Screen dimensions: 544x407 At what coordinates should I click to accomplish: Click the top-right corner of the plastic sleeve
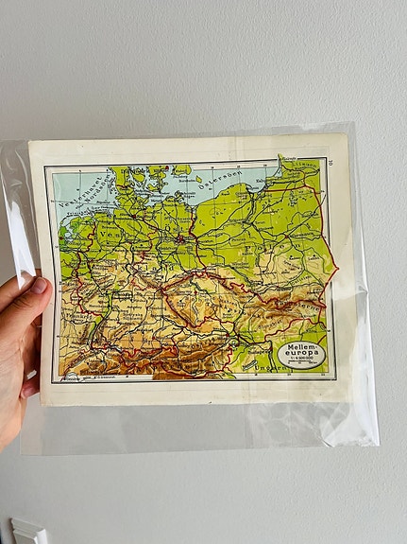tap(355, 124)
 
